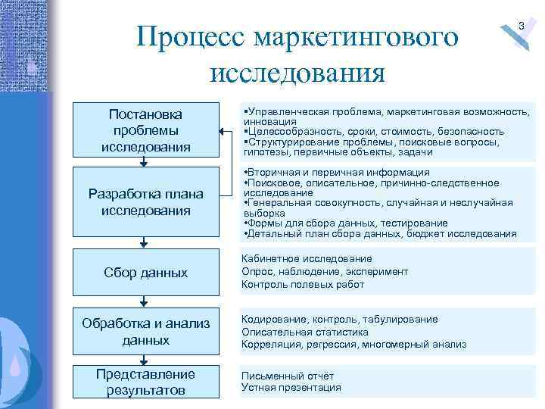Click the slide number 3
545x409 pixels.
(521, 27)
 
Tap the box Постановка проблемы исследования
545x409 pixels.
(145, 130)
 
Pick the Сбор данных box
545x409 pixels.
(145, 272)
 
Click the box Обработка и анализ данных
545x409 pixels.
(145, 332)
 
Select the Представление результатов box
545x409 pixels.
(145, 382)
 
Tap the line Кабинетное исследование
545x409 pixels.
(307, 259)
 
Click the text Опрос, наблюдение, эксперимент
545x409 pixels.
(325, 272)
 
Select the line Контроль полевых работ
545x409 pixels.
(303, 285)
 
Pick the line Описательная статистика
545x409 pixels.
(305, 332)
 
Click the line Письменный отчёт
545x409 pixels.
(288, 376)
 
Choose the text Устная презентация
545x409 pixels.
(291, 388)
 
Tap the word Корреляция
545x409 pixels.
(272, 345)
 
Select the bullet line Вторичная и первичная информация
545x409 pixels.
(338, 173)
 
